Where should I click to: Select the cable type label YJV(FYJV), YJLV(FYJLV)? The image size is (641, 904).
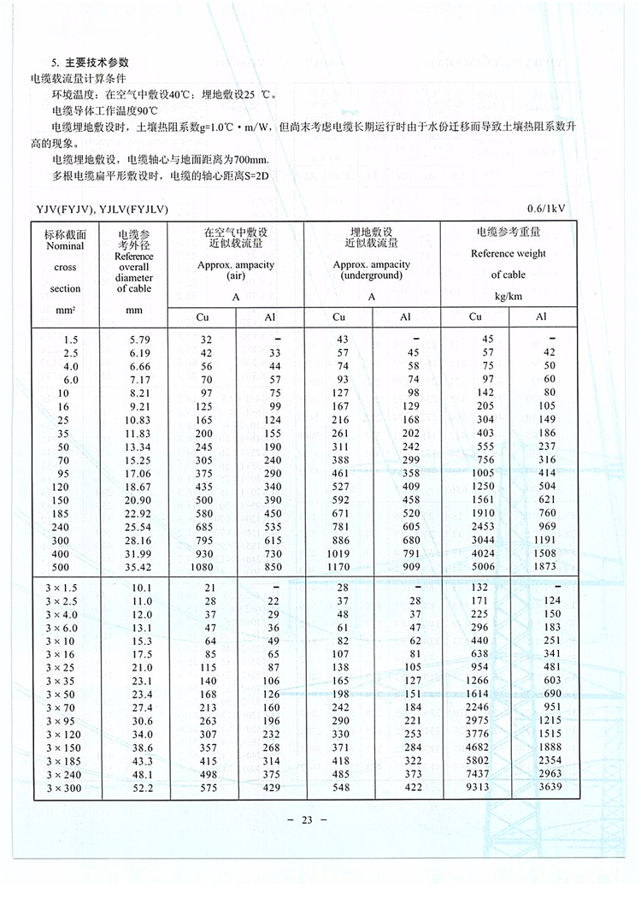point(102,208)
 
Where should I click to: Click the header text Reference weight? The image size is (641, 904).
point(508,253)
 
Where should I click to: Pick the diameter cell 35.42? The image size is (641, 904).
point(134,565)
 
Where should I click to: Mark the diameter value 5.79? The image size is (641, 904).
point(134,340)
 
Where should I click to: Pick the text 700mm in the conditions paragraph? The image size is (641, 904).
point(247,160)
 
